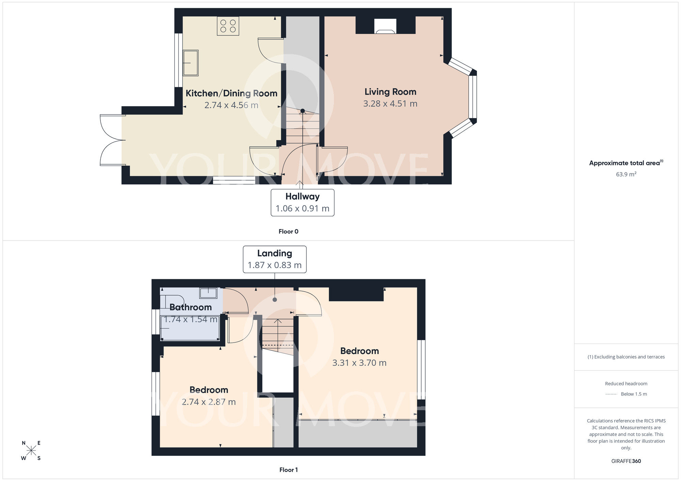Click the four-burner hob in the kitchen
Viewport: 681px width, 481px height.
point(228,26)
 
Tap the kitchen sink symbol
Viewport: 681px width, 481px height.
point(190,63)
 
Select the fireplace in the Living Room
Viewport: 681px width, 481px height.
point(385,27)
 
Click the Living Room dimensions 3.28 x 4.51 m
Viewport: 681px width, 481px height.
point(390,104)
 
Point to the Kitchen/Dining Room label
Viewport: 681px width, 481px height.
point(231,93)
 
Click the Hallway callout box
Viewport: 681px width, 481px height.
point(302,202)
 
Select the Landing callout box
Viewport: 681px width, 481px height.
point(274,259)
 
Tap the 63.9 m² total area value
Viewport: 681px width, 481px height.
point(626,174)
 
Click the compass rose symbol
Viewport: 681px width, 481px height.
point(31,451)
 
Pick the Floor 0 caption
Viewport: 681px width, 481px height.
point(288,231)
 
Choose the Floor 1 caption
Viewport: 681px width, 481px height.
point(288,470)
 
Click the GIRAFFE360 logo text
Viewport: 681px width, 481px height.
point(626,461)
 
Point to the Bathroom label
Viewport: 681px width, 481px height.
point(191,307)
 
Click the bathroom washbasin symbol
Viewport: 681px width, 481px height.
point(208,293)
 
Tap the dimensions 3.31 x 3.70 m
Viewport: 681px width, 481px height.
point(359,363)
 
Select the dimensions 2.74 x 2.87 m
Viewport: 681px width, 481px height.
point(209,402)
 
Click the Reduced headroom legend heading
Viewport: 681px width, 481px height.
point(626,383)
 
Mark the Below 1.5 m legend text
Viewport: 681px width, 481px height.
point(633,394)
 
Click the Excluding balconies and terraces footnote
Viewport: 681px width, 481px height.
point(626,357)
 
